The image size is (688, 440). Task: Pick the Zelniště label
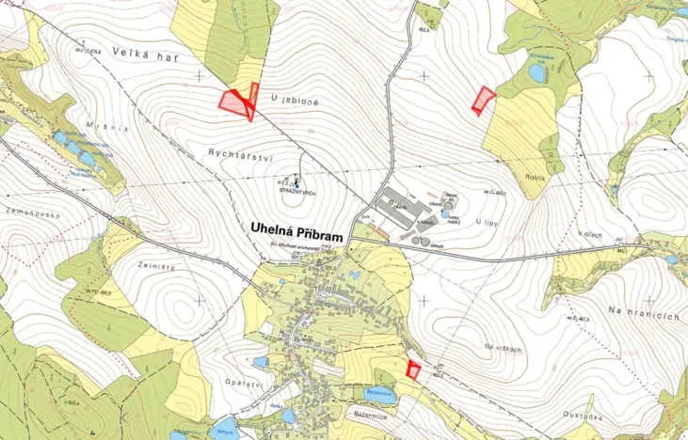[133, 243]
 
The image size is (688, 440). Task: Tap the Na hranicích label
[644, 313]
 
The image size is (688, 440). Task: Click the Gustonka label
[571, 411]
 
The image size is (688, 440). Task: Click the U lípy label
[487, 221]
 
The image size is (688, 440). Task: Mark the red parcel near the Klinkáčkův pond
[483, 99]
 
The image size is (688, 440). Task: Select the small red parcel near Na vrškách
[412, 369]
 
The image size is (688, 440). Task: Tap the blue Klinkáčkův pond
[537, 72]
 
